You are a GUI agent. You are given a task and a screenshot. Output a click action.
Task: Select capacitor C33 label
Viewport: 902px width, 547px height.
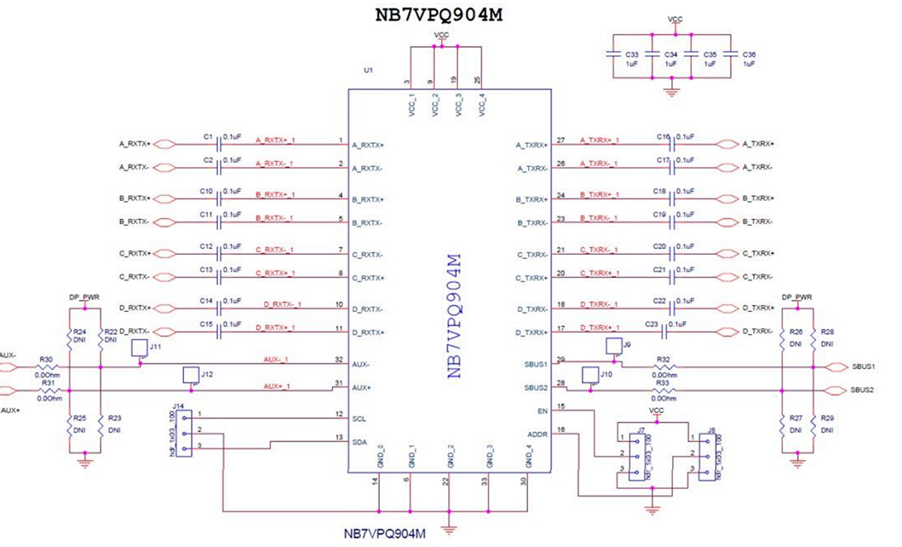pos(632,54)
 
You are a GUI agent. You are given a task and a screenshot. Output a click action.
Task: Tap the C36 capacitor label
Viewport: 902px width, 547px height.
pos(749,54)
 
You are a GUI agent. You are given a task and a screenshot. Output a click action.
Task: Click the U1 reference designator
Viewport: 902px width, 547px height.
pos(368,71)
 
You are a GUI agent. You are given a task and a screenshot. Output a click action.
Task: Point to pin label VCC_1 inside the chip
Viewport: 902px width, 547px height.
pos(411,106)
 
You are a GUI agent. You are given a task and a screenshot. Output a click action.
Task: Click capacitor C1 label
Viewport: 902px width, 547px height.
pos(207,135)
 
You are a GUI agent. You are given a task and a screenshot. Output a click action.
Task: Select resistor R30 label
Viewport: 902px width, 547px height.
pos(46,360)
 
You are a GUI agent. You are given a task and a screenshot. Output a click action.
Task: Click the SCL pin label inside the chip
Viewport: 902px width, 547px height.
pos(359,418)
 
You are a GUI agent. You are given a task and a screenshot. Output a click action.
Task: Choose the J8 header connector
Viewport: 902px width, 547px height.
pos(707,454)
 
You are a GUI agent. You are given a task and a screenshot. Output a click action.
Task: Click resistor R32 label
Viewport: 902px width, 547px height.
pos(664,360)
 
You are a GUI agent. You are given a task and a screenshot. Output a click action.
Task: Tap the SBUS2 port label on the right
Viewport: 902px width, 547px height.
pos(862,390)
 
